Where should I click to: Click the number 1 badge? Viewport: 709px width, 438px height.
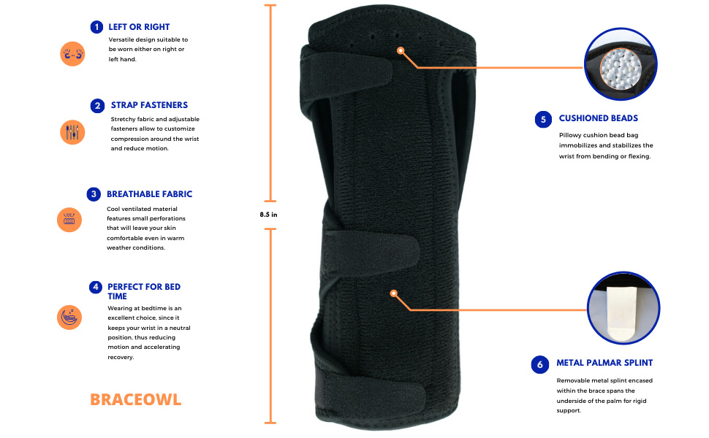[x=96, y=27]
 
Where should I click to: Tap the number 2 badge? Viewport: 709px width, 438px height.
[x=98, y=106]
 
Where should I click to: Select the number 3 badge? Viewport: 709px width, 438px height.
[x=94, y=194]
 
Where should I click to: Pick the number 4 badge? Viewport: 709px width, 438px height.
[x=95, y=287]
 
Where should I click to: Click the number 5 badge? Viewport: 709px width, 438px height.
[x=543, y=118]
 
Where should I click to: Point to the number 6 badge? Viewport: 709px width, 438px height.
[x=540, y=363]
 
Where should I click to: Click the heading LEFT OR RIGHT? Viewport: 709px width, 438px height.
[x=139, y=27]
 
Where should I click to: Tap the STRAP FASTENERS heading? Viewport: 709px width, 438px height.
[x=149, y=105]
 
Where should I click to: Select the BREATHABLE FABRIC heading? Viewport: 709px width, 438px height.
[x=149, y=194]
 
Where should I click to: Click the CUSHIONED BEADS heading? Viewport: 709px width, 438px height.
[x=598, y=118]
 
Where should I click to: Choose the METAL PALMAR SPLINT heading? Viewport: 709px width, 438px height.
[x=604, y=363]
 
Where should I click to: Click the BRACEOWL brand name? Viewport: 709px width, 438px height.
[x=135, y=399]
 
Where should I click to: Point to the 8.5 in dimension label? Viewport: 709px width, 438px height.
[x=269, y=215]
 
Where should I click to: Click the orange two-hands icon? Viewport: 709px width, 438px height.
[x=72, y=53]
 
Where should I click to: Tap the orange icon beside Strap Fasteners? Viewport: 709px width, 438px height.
[x=72, y=132]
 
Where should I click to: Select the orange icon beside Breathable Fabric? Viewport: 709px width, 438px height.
[x=69, y=220]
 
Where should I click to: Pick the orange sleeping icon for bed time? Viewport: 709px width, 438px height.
[x=69, y=317]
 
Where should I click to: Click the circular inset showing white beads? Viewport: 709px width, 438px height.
[x=621, y=65]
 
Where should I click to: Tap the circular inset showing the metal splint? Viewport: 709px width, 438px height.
[x=623, y=309]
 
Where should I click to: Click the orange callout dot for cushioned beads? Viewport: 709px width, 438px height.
[x=400, y=50]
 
